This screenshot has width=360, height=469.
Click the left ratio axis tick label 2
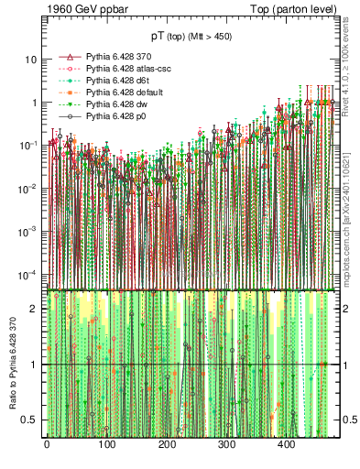[x=35, y=309]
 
